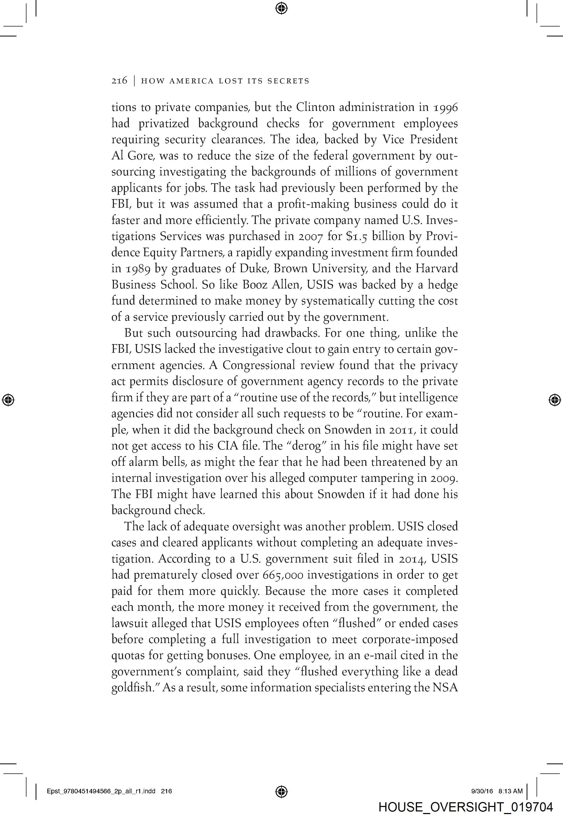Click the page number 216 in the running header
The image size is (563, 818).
119,81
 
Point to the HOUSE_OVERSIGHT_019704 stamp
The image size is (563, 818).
466,808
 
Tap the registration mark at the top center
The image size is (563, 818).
281,8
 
